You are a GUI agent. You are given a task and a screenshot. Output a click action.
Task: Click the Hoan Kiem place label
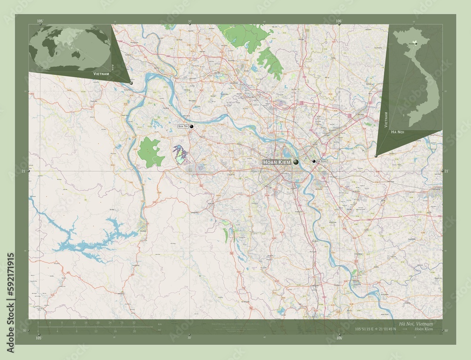pyautogui.click(x=277, y=162)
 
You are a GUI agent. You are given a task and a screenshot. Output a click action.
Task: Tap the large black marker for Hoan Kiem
pyautogui.click(x=296, y=162)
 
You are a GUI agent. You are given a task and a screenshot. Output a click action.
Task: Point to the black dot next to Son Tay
pyautogui.click(x=192, y=127)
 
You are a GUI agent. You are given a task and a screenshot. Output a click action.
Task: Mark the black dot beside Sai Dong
pyautogui.click(x=314, y=161)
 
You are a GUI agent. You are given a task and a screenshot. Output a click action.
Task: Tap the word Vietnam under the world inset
pyautogui.click(x=101, y=74)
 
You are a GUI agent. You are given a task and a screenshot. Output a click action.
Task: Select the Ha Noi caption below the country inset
pyautogui.click(x=398, y=133)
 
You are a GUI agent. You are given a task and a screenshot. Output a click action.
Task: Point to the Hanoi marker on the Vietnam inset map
pyautogui.click(x=415, y=43)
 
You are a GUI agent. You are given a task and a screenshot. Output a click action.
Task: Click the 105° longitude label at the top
pyautogui.click(x=40, y=21)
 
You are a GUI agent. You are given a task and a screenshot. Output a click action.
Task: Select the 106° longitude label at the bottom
pyautogui.click(x=339, y=338)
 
